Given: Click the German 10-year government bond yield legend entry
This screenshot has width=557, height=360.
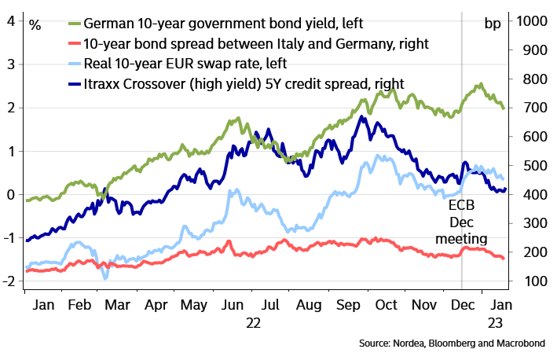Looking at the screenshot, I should pos(196,23).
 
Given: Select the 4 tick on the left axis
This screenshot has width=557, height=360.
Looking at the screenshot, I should pos(11,20).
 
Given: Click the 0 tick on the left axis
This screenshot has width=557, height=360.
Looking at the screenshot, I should pos(11,194).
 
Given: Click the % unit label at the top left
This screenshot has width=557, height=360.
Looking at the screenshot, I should pos(35,23).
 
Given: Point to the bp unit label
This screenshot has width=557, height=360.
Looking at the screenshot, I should pos(493,23).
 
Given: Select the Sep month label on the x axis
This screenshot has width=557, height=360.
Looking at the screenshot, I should pos(348,302).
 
